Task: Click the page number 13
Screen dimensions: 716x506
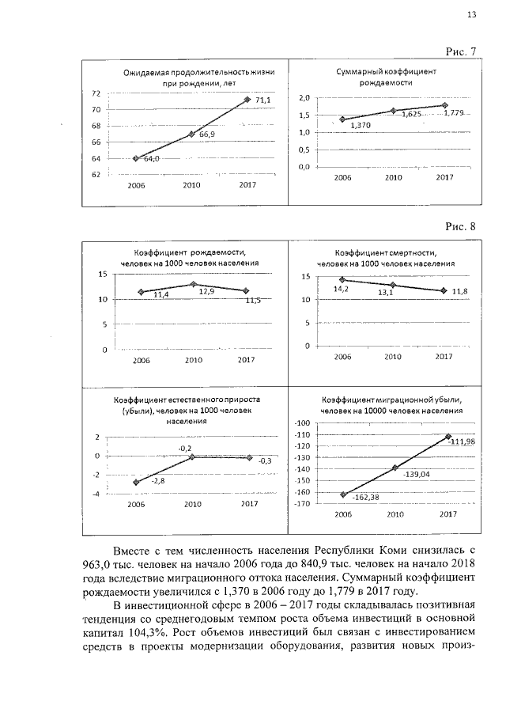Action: point(471,14)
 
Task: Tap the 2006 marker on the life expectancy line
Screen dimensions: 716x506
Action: point(136,158)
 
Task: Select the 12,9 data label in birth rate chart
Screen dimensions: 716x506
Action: point(206,291)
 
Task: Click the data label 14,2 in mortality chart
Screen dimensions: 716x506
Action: point(342,289)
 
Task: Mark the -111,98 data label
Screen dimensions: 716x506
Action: point(465,441)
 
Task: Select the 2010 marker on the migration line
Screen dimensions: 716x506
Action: point(395,468)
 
